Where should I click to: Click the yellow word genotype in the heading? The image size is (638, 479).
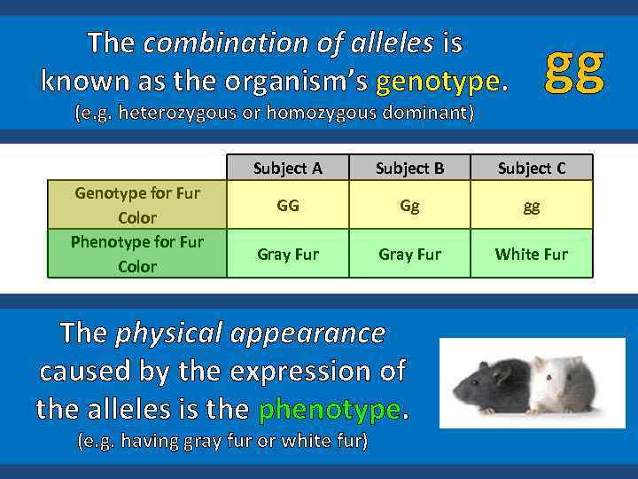[x=439, y=82]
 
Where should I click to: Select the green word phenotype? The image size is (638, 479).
[x=330, y=409]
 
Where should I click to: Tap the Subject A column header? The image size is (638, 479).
[x=287, y=168]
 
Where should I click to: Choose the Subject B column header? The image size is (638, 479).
[x=409, y=168]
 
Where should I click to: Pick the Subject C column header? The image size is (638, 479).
[x=531, y=168]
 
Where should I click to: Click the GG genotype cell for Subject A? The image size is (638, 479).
[x=287, y=205]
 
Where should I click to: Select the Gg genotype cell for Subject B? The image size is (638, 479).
[x=409, y=205]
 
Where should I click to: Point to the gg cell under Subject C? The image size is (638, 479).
[x=531, y=205]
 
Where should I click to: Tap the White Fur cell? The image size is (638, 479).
[x=531, y=254]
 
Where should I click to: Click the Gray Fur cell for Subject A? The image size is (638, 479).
[x=287, y=254]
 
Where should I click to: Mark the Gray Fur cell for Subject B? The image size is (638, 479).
[x=409, y=254]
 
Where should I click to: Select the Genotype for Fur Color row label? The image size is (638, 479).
[x=137, y=205]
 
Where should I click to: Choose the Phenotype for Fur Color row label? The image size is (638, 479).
[x=137, y=254]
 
